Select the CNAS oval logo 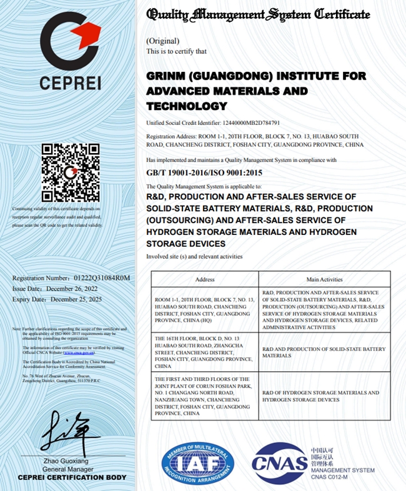click(279, 463)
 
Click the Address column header click(205, 279)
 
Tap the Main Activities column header click(324, 279)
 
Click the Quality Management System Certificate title click(258, 14)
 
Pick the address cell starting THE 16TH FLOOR click(204, 352)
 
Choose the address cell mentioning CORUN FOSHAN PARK click(204, 396)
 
